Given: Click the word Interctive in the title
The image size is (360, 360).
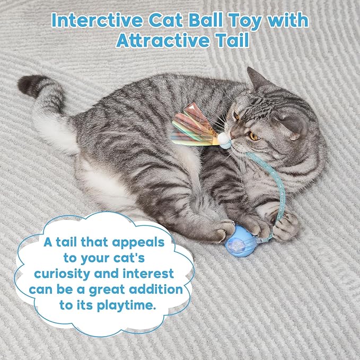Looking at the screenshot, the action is coord(98,20).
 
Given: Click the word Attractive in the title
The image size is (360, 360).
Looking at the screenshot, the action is coord(163,40).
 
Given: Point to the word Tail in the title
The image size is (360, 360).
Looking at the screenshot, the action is coord(233,40).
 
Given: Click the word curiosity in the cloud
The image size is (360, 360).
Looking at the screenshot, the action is coord(62,274).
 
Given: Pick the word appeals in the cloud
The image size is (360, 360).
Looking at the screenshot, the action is coord(138,243).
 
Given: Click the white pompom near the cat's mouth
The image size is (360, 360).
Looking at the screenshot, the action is coord(223,138).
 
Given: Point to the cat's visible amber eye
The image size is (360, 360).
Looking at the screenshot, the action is coord(254,136).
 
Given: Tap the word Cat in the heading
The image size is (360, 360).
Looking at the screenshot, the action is coord(166,20).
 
